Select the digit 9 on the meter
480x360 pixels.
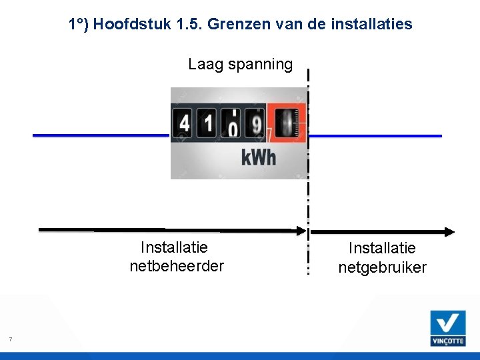tap(255, 124)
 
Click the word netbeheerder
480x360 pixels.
tap(177, 266)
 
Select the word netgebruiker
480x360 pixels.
tap(382, 267)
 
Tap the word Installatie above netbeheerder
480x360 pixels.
tap(175, 247)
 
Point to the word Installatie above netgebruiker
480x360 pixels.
tap(382, 248)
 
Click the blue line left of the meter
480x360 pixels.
tap(100, 135)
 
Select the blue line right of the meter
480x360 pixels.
tap(375, 135)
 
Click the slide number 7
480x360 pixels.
tap(10, 340)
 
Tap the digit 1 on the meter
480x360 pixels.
tap(209, 124)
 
